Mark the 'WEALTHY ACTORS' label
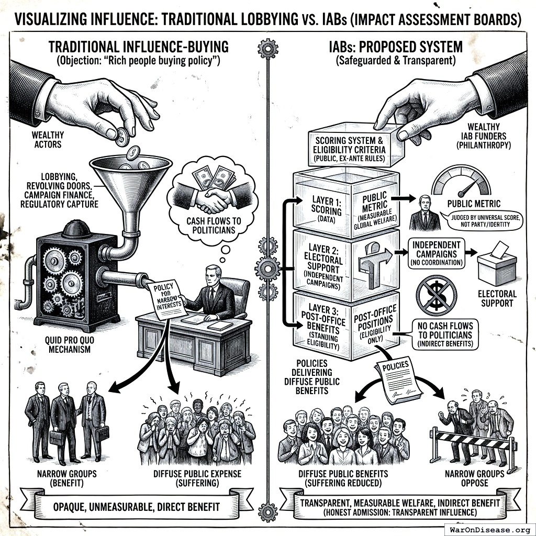pyautogui.click(x=48, y=140)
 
